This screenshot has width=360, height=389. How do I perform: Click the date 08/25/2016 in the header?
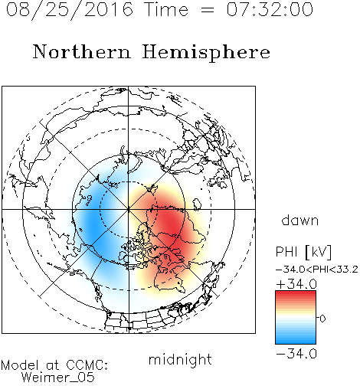tap(70, 10)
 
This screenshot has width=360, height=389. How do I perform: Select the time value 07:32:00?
tap(270, 9)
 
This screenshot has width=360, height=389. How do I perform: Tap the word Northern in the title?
tap(82, 51)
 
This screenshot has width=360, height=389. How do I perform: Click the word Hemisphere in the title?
tap(206, 52)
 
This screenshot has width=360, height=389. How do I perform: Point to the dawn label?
tap(300, 221)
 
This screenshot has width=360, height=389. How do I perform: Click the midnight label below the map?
tap(180, 359)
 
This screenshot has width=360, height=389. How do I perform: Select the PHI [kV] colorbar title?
tap(304, 252)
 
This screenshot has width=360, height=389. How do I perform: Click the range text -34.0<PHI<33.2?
tap(317, 270)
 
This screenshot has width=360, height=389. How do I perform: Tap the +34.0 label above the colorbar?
tap(296, 284)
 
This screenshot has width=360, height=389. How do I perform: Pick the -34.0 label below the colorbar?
tap(296, 354)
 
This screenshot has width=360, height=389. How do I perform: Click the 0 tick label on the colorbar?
tap(322, 319)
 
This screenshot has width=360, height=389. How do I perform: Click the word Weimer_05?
tap(58, 378)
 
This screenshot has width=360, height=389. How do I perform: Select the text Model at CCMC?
tap(54, 365)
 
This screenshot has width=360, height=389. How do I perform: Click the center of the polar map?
tap(129, 209)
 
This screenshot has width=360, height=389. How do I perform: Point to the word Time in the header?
tap(166, 9)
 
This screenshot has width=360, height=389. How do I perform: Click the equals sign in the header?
tap(208, 10)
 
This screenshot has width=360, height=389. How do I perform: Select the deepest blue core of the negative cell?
tap(93, 224)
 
